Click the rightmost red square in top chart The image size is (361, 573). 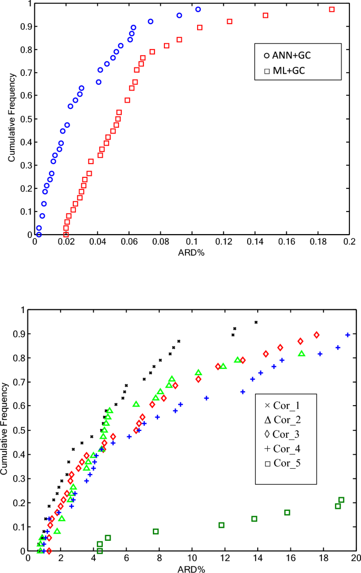pyautogui.click(x=331, y=9)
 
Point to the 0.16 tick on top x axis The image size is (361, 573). pyautogui.click(x=286, y=243)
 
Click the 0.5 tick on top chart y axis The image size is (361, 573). pyautogui.click(x=27, y=119)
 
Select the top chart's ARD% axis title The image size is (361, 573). pyautogui.click(x=192, y=252)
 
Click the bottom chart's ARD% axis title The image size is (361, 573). pyautogui.click(x=192, y=569)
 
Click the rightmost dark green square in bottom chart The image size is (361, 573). pyautogui.click(x=341, y=500)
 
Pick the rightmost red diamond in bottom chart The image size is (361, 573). pyautogui.click(x=317, y=335)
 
